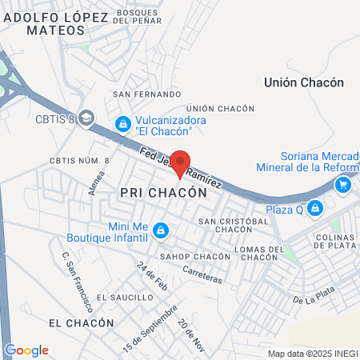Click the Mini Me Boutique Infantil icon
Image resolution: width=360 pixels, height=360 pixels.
click(161, 230)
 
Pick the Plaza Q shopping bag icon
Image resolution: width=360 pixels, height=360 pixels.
click(315, 208)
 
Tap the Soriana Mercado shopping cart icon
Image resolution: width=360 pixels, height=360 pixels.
click(343, 185)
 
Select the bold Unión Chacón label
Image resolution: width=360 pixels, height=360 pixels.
click(303, 82)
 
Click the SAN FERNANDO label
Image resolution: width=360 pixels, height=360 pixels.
click(141, 94)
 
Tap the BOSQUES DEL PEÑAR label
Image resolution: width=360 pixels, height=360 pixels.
click(142, 17)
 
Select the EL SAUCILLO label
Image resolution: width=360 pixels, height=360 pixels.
click(124, 297)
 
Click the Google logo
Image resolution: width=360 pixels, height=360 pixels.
click(26, 350)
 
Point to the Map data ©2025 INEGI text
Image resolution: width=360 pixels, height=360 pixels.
click(311, 354)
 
